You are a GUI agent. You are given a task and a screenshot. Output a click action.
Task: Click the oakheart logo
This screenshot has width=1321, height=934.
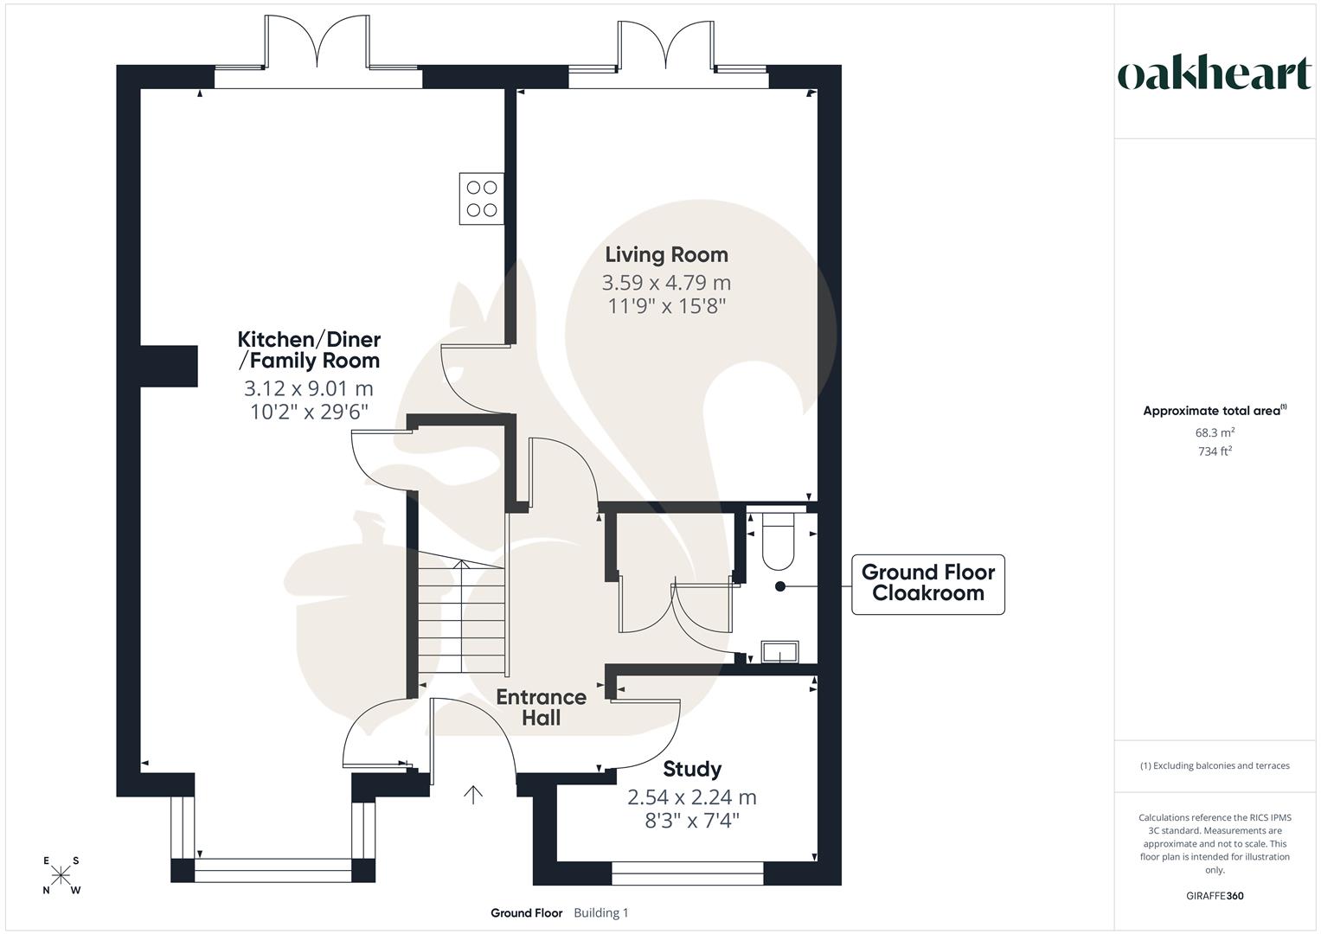pyautogui.click(x=1214, y=74)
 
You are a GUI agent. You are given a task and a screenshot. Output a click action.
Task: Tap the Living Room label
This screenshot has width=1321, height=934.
pyautogui.click(x=666, y=254)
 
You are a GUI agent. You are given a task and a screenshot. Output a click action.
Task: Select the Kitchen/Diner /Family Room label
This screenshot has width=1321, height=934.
pyautogui.click(x=309, y=349)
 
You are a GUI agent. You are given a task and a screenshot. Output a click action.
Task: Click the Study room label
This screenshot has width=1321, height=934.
pyautogui.click(x=692, y=769)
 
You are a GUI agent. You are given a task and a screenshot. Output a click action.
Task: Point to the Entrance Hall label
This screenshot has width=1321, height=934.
pyautogui.click(x=541, y=707)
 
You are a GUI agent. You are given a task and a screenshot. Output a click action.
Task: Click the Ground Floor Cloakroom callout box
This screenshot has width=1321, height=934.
pyautogui.click(x=927, y=584)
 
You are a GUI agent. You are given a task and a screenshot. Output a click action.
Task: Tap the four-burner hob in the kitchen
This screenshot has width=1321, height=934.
pyautogui.click(x=482, y=197)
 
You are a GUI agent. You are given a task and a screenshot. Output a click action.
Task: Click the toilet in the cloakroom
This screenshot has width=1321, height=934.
pyautogui.click(x=778, y=543)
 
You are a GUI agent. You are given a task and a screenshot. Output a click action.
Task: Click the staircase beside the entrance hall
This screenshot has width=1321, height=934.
pyautogui.click(x=461, y=616)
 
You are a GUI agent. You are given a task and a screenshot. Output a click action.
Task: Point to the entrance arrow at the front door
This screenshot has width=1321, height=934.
pyautogui.click(x=473, y=795)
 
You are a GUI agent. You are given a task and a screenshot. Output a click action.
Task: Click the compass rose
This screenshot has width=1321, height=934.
pyautogui.click(x=61, y=875)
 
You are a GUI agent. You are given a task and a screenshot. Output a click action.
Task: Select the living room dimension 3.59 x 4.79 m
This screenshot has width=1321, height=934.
pyautogui.click(x=666, y=283)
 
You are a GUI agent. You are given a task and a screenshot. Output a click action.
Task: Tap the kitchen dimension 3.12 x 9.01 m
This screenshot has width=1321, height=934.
pyautogui.click(x=309, y=388)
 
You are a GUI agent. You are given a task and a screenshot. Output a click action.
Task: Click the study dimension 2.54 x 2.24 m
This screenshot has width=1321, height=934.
pyautogui.click(x=692, y=796)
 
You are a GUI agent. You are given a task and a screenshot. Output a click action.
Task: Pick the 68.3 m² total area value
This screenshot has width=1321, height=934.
pyautogui.click(x=1215, y=432)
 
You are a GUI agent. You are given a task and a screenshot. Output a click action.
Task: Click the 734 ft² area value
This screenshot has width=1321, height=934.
pyautogui.click(x=1215, y=451)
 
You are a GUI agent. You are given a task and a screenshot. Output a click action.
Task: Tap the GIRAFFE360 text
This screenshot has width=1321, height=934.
pyautogui.click(x=1215, y=896)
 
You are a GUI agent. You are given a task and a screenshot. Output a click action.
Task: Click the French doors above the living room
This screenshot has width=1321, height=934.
pyautogui.click(x=666, y=48)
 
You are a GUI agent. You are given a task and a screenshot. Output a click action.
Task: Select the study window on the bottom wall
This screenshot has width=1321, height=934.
pyautogui.click(x=688, y=873)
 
